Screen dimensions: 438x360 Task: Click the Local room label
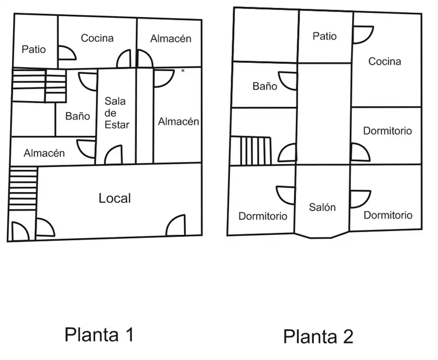tap(115, 198)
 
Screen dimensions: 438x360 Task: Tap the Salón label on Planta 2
tap(322, 207)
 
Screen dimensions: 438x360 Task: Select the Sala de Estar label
tap(117, 113)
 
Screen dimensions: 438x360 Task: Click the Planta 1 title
tap(99, 334)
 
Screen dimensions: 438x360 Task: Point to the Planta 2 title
tap(318, 336)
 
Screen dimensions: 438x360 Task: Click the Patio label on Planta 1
tap(34, 49)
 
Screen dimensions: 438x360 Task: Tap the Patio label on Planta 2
tap(324, 36)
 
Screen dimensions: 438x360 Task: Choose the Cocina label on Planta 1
tap(97, 38)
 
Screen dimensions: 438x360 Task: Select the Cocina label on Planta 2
tap(385, 61)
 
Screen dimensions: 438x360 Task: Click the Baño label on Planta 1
tap(78, 116)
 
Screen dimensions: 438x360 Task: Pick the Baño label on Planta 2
tap(265, 86)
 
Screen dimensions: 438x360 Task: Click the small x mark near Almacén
tap(183, 71)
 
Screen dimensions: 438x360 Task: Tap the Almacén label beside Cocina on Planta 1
tap(171, 38)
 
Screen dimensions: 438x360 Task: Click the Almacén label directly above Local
tap(44, 153)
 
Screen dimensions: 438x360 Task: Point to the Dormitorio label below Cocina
tap(387, 130)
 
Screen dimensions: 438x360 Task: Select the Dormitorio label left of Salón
tap(263, 216)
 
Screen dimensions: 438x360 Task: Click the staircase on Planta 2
tap(250, 151)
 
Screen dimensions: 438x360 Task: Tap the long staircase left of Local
tap(23, 189)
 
